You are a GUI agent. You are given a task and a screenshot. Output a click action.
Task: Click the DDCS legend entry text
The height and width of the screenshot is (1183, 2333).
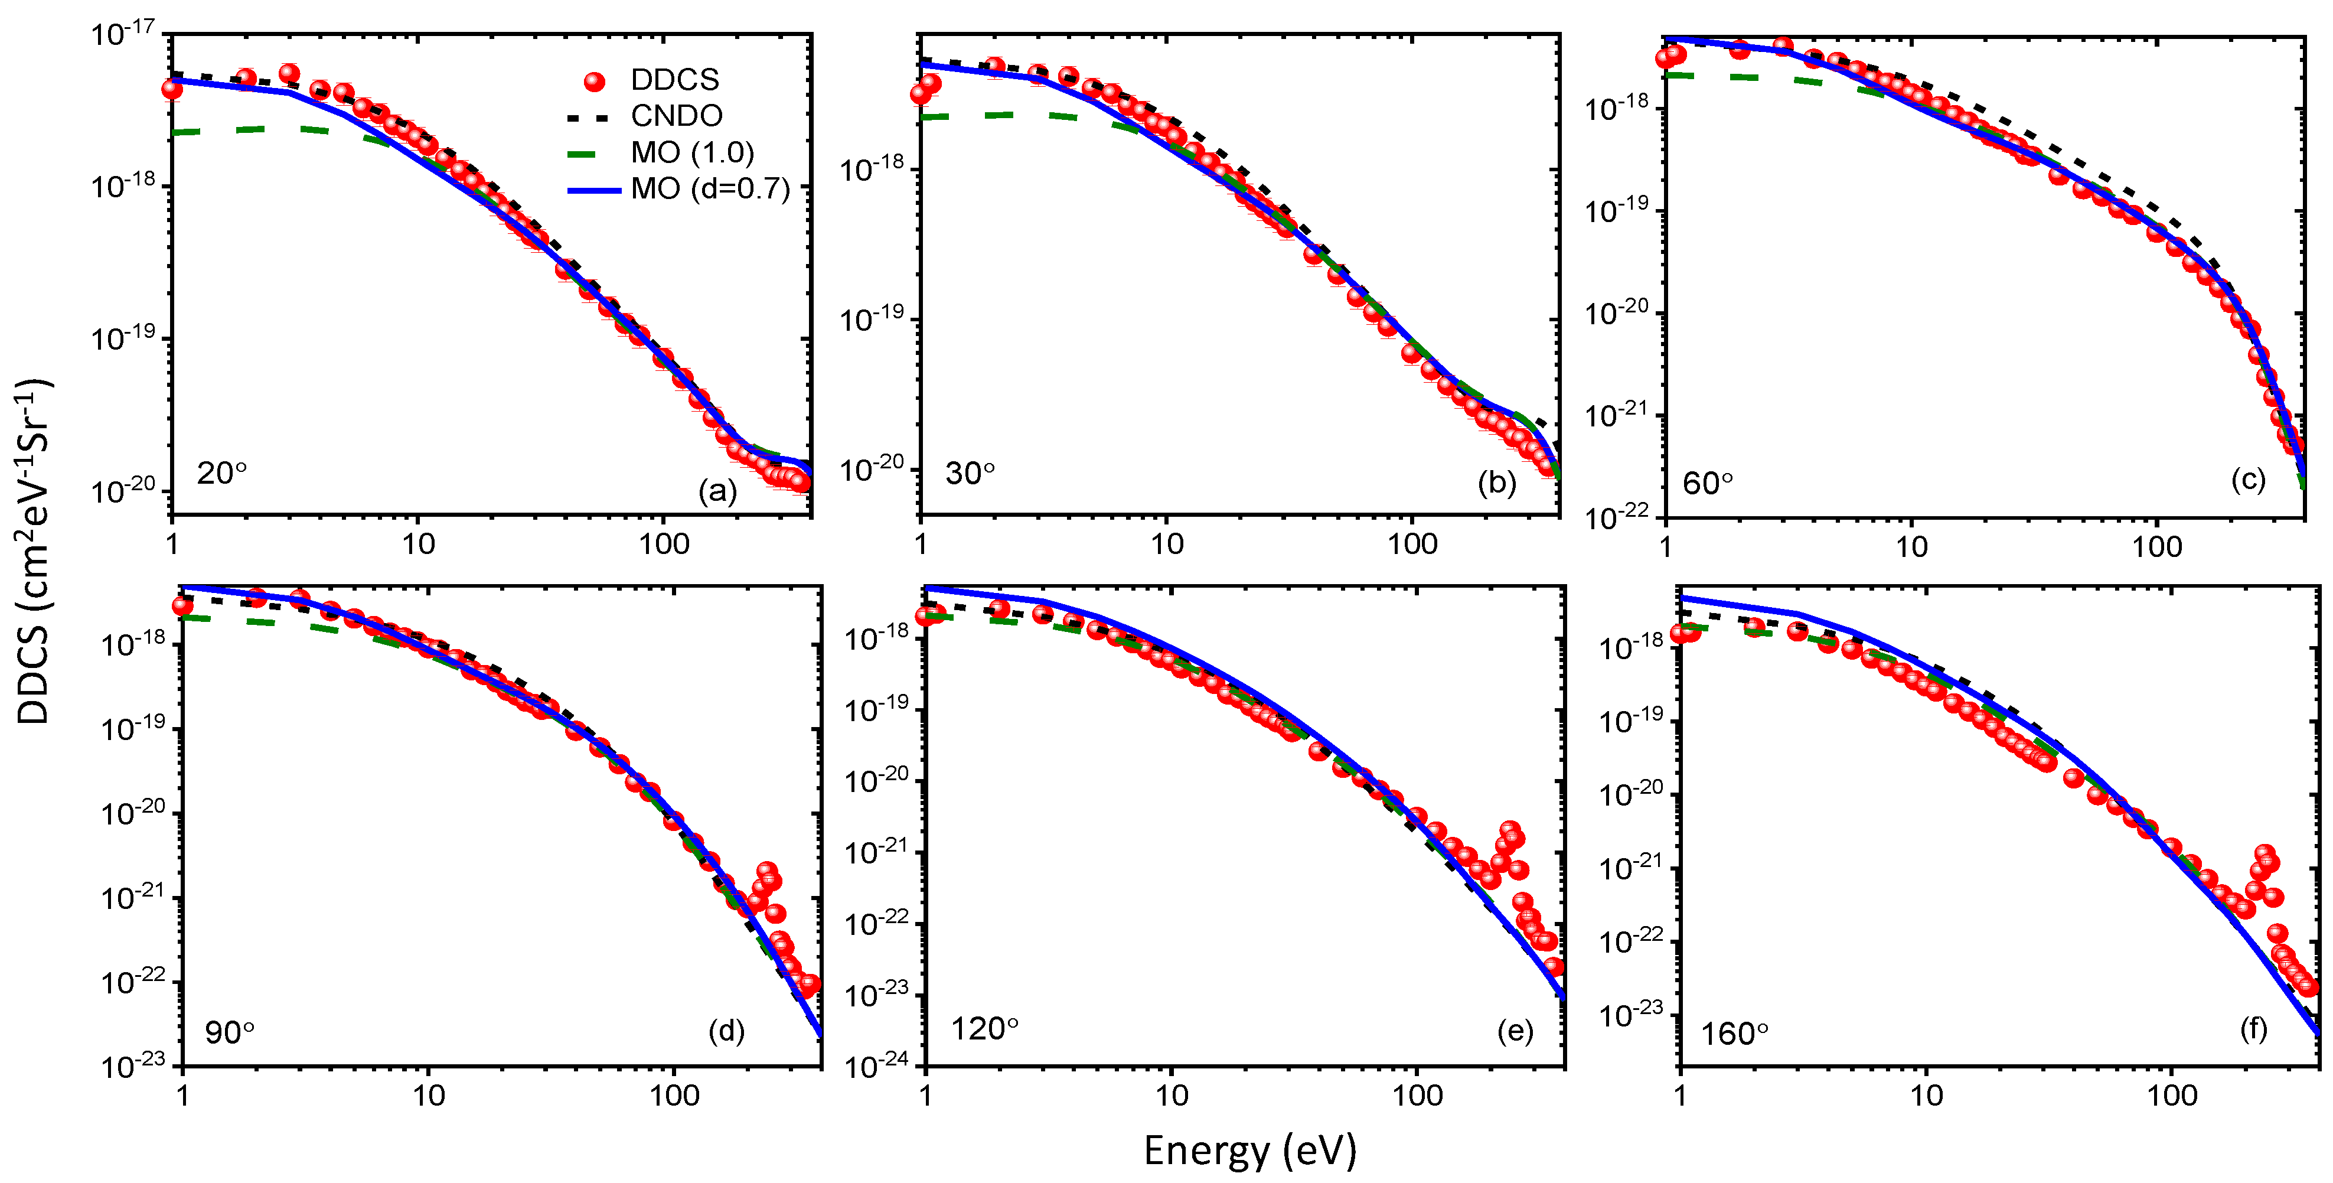tap(675, 80)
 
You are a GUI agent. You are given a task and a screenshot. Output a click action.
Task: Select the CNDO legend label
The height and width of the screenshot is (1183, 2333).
tap(677, 116)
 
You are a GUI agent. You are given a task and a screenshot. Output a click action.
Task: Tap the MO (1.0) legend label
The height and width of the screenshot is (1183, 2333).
tap(692, 152)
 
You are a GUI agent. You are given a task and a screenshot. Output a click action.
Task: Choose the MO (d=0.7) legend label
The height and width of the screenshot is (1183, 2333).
tap(710, 188)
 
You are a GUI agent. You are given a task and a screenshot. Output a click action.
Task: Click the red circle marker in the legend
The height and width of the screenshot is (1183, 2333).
tap(594, 82)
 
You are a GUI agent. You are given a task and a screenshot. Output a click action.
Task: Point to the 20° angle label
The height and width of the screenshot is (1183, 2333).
tap(221, 473)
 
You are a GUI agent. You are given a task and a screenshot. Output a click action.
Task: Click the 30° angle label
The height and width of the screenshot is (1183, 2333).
tap(970, 473)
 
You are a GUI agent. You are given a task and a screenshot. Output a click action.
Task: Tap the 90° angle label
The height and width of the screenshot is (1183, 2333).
tap(229, 1032)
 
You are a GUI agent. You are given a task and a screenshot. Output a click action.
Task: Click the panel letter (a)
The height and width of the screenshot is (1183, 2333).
tap(717, 491)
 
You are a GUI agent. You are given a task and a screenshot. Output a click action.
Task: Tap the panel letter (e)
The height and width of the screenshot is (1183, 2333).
tap(1515, 1031)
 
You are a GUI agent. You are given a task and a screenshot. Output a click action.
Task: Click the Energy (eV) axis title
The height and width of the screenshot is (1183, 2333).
tap(1250, 1151)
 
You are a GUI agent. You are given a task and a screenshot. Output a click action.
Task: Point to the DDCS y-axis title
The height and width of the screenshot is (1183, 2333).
tap(34, 550)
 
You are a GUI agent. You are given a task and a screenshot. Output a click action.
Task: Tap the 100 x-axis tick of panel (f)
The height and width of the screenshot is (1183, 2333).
tap(2172, 1096)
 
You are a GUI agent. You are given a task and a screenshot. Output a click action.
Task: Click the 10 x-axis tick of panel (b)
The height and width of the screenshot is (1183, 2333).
tap(1167, 545)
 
